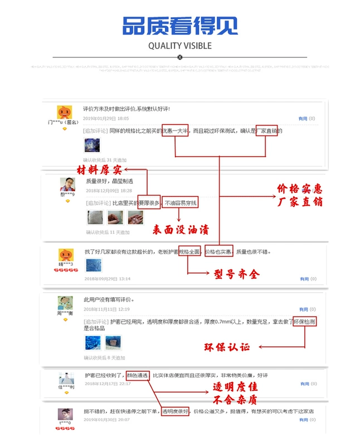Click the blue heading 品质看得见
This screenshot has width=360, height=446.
pyautogui.click(x=179, y=25)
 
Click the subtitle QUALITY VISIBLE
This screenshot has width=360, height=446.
pyautogui.click(x=179, y=46)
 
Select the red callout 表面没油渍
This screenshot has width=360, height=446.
pyautogui.click(x=181, y=229)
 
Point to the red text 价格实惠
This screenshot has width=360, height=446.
pyautogui.click(x=300, y=188)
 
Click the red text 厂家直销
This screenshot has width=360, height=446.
pyautogui.click(x=300, y=201)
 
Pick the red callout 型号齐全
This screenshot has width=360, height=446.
pyautogui.click(x=236, y=274)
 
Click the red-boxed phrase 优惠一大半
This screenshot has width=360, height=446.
pyautogui.click(x=176, y=131)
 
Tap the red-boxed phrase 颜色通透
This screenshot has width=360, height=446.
pyautogui.click(x=137, y=375)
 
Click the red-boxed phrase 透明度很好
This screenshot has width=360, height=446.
pyautogui.click(x=176, y=411)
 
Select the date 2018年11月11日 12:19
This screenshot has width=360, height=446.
pyautogui.click(x=106, y=309)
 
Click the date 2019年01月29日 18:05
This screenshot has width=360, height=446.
pyautogui.click(x=105, y=118)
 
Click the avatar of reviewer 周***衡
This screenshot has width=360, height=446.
pyautogui.click(x=65, y=303)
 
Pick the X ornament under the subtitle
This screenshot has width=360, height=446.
pyautogui.click(x=179, y=57)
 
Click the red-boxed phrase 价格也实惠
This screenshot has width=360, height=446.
pyautogui.click(x=218, y=252)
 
